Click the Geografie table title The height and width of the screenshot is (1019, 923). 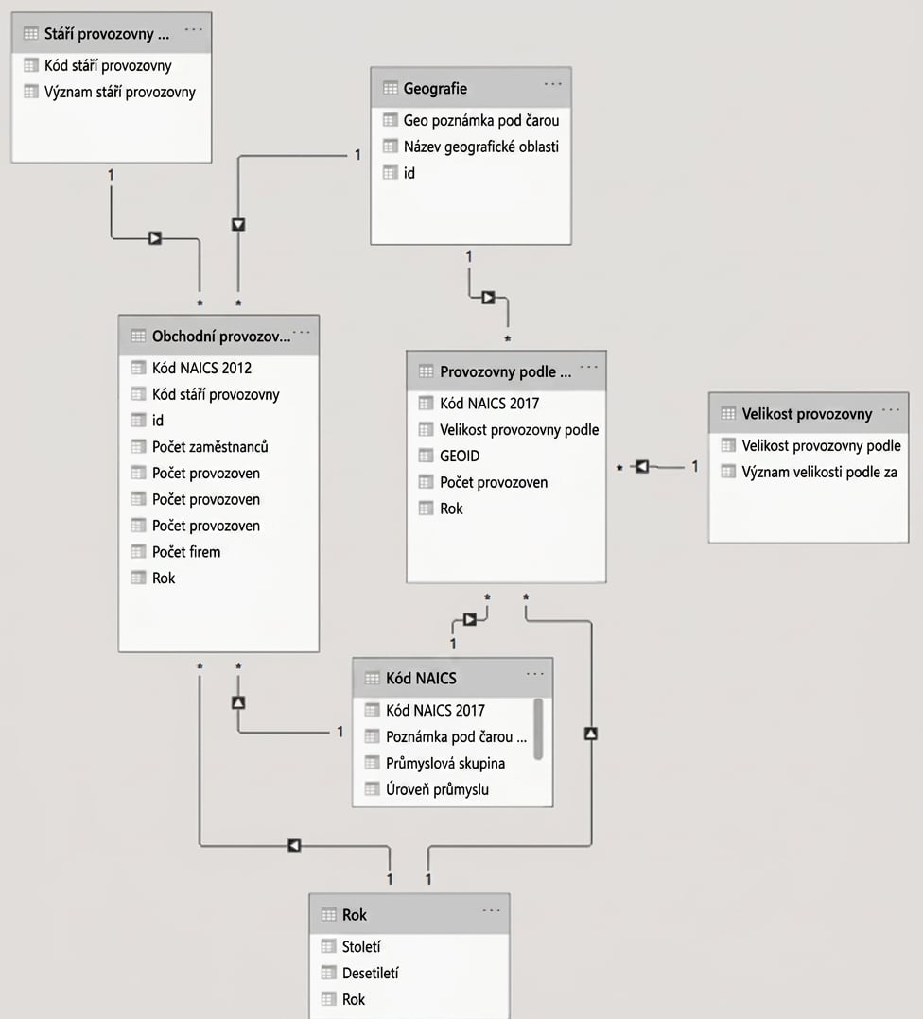[435, 89]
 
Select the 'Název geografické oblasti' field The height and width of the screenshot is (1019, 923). [481, 147]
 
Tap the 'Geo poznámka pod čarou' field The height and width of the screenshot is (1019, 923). [481, 120]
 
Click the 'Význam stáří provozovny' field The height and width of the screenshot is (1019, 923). [119, 93]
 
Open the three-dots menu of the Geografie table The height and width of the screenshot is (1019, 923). [552, 84]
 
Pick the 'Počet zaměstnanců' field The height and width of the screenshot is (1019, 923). [210, 447]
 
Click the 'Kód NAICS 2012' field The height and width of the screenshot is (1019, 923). [201, 369]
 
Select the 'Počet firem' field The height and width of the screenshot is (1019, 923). [186, 552]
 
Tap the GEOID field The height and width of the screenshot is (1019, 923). [460, 457]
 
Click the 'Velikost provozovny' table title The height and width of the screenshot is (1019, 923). [807, 414]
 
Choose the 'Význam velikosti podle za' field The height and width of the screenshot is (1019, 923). [819, 473]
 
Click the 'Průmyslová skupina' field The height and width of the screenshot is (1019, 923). [445, 764]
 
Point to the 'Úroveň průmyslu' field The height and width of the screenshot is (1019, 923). [437, 789]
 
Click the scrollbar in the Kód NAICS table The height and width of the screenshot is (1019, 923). [538, 729]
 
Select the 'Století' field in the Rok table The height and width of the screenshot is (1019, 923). [361, 947]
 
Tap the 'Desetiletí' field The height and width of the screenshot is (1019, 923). [370, 974]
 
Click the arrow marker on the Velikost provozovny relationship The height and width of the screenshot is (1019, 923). [641, 467]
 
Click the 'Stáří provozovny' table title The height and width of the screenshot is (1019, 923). [107, 34]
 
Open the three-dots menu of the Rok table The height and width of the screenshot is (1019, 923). [492, 910]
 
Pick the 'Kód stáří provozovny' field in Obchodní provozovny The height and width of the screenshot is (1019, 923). [216, 395]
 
